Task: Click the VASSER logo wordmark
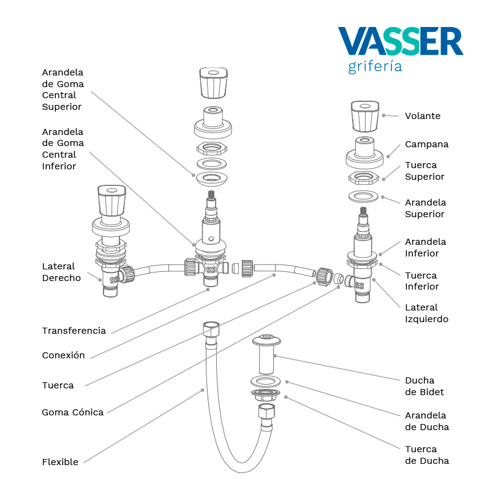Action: (x=401, y=42)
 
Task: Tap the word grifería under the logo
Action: (x=375, y=66)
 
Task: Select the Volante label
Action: (x=422, y=116)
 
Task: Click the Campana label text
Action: (x=426, y=144)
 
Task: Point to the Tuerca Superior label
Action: (x=424, y=171)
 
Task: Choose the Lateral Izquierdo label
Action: (x=426, y=313)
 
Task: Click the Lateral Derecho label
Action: (x=61, y=272)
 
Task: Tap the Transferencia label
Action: (x=73, y=331)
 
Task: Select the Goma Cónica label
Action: (x=72, y=412)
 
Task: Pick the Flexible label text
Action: (x=60, y=462)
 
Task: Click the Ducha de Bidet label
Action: (x=424, y=386)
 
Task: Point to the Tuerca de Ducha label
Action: (x=426, y=455)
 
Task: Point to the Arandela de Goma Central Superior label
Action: (x=62, y=90)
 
